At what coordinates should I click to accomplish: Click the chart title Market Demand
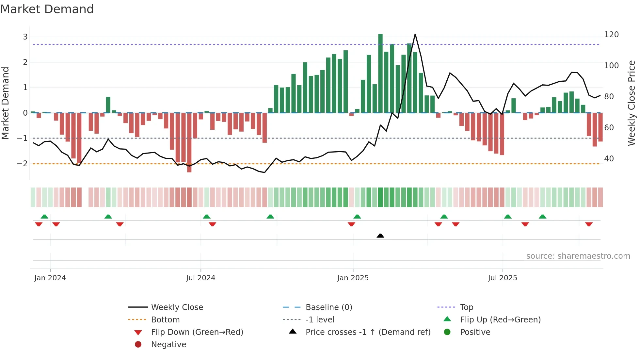[x=47, y=9]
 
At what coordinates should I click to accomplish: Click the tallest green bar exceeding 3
[x=380, y=74]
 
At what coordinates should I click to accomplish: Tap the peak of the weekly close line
[x=415, y=34]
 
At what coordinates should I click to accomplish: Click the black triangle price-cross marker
[x=380, y=236]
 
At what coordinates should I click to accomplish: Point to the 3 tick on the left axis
[x=25, y=37]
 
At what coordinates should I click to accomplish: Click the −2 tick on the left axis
[x=23, y=164]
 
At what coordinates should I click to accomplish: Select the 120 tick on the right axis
[x=611, y=35]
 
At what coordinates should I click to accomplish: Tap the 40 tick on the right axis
[x=609, y=159]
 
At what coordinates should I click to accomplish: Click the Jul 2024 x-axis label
[x=200, y=278]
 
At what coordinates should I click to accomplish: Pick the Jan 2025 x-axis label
[x=353, y=278]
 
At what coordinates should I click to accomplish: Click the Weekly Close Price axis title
[x=632, y=103]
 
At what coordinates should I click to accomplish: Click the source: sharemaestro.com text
[x=578, y=256]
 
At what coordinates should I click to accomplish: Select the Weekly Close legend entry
[x=177, y=307]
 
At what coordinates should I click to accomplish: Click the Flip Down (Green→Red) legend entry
[x=197, y=332]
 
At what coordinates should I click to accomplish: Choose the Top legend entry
[x=467, y=307]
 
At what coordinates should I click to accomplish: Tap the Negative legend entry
[x=168, y=345]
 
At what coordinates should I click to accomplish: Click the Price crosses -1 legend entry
[x=368, y=332]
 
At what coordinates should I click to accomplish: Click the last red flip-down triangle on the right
[x=589, y=224]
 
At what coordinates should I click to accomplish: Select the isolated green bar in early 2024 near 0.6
[x=108, y=105]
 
